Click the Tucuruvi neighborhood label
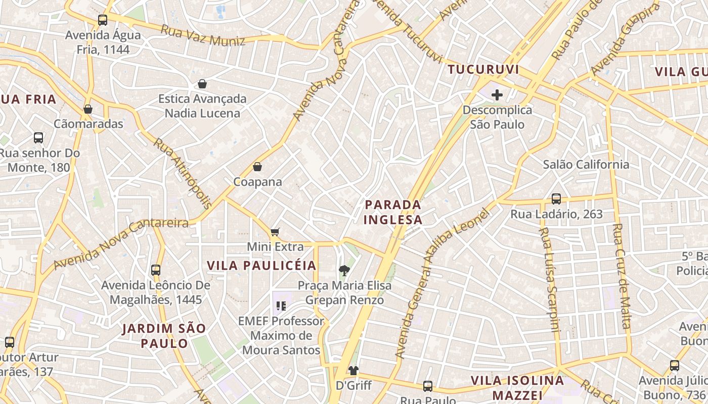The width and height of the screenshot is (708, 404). (x=483, y=70)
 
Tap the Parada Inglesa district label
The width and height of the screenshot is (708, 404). (x=393, y=212)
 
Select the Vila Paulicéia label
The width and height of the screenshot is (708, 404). (x=261, y=266)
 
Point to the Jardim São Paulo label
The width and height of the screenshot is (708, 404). (x=164, y=336)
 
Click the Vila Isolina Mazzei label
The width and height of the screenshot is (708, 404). (x=517, y=387)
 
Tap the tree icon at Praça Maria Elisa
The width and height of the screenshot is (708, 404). (x=344, y=271)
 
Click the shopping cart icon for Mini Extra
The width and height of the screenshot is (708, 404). (x=275, y=232)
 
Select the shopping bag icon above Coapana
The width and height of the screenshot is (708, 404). (x=257, y=166)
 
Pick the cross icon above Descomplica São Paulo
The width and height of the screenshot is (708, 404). (x=497, y=94)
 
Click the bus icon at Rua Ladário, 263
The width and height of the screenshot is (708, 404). (x=556, y=198)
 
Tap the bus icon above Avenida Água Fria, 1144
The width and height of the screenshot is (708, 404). (x=103, y=20)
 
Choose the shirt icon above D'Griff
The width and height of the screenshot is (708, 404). (x=353, y=371)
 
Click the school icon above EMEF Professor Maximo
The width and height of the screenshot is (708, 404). (x=281, y=306)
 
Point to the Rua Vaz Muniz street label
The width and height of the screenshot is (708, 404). (x=203, y=35)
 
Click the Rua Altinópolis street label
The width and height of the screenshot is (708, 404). (x=183, y=173)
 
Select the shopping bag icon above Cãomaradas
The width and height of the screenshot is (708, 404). (x=88, y=109)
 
